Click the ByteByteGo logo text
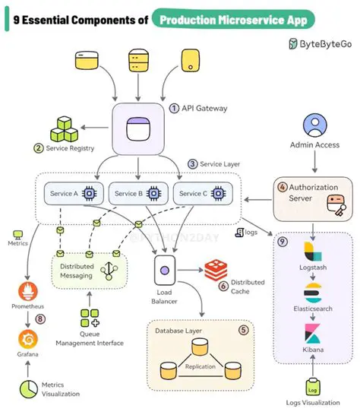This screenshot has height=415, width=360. (324, 44)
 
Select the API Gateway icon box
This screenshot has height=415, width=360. (138, 128)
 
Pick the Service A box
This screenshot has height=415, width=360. (71, 194)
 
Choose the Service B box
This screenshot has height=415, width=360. (137, 194)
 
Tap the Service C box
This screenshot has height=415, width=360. (202, 194)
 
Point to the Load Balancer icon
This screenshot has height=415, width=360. (166, 268)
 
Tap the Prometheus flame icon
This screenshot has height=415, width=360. (27, 292)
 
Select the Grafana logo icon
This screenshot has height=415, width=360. (27, 337)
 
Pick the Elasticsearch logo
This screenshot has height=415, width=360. (313, 293)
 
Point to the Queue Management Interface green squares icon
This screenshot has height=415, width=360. (90, 317)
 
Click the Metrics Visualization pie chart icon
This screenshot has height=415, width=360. (29, 389)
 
